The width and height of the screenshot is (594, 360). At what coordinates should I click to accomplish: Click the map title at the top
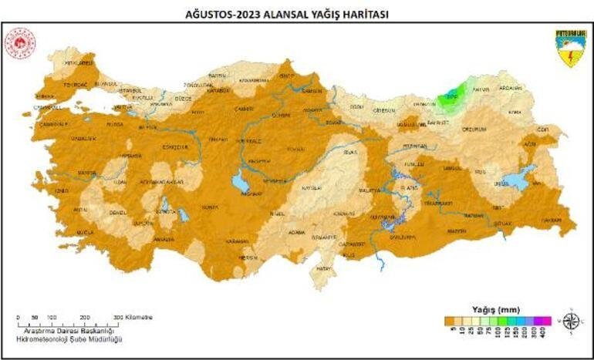(296, 13)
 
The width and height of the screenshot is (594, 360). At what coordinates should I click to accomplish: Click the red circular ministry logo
(19, 45)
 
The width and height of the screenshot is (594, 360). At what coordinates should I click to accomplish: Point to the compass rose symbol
(571, 321)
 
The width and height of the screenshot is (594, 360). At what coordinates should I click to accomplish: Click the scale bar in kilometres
(69, 322)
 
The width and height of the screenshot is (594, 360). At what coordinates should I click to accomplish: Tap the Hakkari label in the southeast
(550, 220)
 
